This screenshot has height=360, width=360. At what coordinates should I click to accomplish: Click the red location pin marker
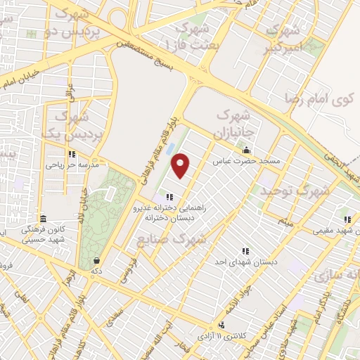click(181, 165)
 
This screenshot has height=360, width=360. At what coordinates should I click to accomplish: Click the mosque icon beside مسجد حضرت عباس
click(246, 150)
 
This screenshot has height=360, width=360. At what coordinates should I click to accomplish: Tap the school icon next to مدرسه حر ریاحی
click(71, 155)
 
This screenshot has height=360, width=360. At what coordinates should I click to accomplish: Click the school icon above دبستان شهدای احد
click(245, 250)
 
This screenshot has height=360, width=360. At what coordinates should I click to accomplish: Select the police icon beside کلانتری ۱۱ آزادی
click(222, 325)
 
